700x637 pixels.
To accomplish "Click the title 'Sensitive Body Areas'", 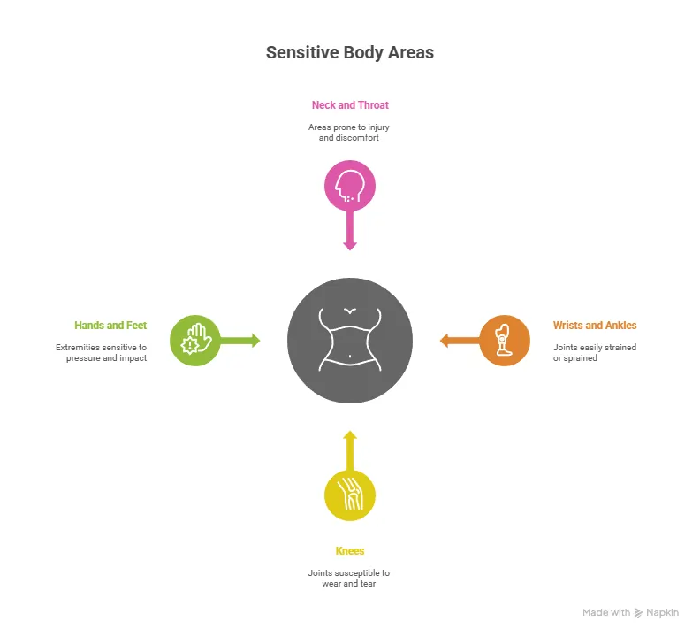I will point(350,52).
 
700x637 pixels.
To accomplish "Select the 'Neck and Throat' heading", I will point(350,104).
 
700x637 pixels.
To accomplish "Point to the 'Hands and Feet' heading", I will point(110,326).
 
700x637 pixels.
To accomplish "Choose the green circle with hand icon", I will point(194,341).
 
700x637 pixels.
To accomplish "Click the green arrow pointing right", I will point(240,341).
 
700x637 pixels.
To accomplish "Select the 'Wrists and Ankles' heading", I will point(594,326).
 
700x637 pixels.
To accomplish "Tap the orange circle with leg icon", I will point(505,340).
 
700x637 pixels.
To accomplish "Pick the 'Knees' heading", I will point(350,551).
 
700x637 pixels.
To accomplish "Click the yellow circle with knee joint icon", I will point(350,495).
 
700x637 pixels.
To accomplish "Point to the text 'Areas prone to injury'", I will point(350,127).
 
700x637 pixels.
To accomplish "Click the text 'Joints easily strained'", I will point(594,348).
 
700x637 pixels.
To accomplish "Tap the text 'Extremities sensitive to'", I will point(101,348).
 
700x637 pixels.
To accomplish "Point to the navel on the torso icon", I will point(351,357).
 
